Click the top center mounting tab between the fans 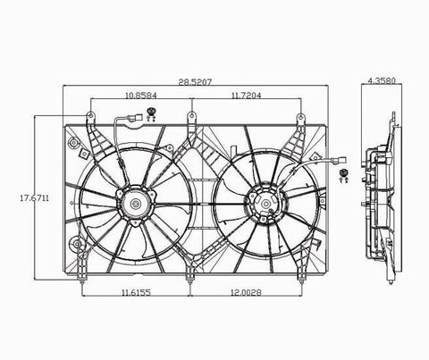pos(190,116)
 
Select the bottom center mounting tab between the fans pos(190,282)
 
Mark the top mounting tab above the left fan pos(90,117)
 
